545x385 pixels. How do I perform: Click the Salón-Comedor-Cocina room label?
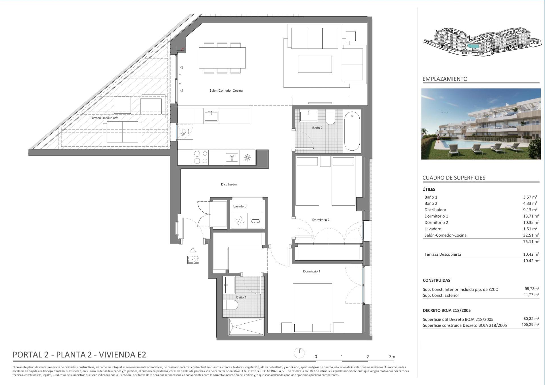tap(226, 91)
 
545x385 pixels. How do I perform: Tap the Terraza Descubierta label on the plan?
tap(104, 118)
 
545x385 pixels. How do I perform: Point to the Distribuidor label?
tap(229, 184)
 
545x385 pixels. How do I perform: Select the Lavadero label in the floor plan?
tap(240, 206)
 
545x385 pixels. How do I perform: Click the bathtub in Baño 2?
tap(352, 131)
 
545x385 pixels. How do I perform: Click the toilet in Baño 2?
tap(330, 117)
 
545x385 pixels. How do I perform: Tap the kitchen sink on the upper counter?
tap(211, 116)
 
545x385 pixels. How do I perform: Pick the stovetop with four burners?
tap(200, 157)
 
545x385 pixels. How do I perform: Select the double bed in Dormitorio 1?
tap(313, 308)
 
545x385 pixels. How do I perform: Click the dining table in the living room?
tap(222, 58)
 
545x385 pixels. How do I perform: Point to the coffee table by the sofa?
tap(315, 64)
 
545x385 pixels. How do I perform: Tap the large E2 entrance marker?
tap(193, 260)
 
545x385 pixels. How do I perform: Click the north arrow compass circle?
tap(299, 353)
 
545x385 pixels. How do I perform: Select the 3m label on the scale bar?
tap(392, 357)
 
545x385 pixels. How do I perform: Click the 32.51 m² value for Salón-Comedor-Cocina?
tap(531, 235)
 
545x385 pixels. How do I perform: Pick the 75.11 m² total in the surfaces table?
tap(531, 241)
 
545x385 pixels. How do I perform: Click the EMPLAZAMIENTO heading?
tap(445, 79)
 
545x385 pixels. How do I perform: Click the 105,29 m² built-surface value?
tap(530, 325)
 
